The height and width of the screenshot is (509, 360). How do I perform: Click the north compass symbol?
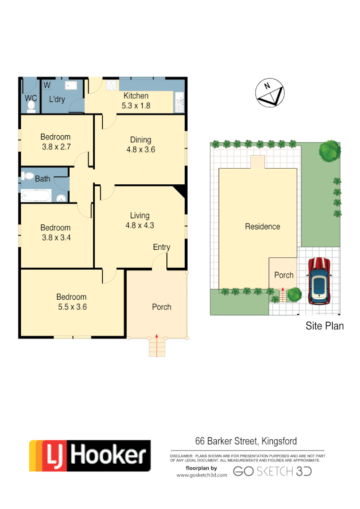point(270,93)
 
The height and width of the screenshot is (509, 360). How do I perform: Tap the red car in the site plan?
point(319,280)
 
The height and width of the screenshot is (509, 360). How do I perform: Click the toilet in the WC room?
point(31,107)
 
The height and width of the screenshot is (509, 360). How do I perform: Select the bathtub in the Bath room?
point(36,195)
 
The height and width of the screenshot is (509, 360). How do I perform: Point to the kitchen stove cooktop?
point(112,85)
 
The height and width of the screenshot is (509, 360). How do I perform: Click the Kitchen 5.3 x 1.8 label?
point(136,101)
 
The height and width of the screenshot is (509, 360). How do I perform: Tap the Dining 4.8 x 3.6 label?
point(140,145)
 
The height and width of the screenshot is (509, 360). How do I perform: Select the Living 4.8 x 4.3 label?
point(139,221)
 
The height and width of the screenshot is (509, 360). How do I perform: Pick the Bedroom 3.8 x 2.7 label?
point(56,142)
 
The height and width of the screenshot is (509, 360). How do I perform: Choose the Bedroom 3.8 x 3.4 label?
point(56,232)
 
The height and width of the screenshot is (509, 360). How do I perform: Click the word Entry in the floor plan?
point(162,247)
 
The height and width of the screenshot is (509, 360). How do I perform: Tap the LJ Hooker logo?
point(90,456)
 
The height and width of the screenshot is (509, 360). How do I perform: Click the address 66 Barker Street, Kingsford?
point(246,442)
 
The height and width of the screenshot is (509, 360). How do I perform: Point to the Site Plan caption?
point(325,326)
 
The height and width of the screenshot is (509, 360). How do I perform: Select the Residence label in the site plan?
point(262,227)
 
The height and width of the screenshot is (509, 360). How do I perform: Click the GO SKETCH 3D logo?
point(272,471)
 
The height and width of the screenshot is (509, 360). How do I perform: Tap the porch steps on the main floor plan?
point(156,347)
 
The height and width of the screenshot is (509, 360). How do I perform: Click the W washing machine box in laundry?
point(47,85)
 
